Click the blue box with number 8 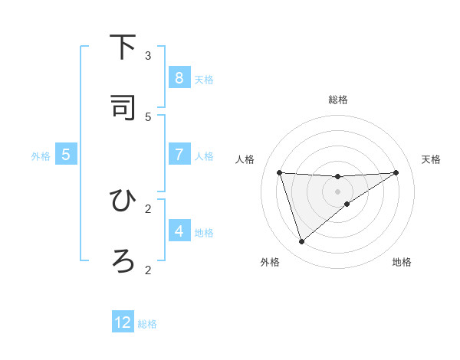tap(179, 78)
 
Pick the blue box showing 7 tap(179, 155)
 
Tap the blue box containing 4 tap(179, 231)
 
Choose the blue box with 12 tap(123, 322)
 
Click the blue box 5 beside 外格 tap(66, 155)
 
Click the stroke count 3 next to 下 tap(148, 56)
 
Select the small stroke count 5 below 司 tap(148, 116)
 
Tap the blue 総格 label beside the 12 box tap(147, 324)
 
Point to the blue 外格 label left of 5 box tap(41, 156)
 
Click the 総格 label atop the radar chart tap(338, 100)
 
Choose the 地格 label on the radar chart tap(402, 262)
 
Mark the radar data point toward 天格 tap(396, 172)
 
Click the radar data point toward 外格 tap(301, 242)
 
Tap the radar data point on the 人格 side tap(279, 172)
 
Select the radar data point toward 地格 tap(347, 204)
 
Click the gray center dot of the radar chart tap(337, 191)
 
